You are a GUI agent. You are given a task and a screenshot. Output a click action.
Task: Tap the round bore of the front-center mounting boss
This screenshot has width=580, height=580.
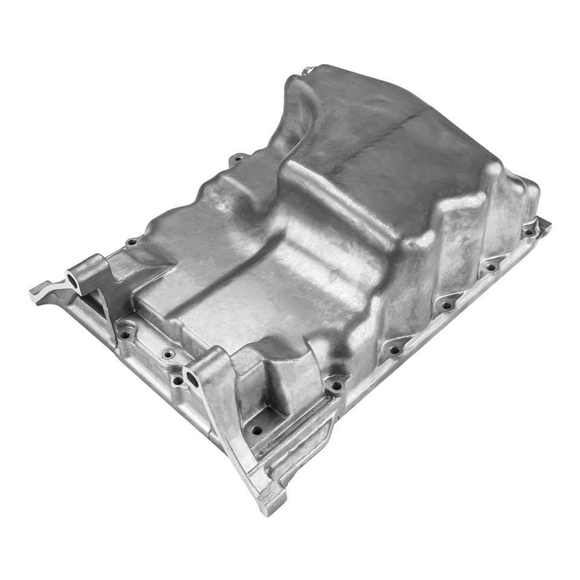click(193, 379)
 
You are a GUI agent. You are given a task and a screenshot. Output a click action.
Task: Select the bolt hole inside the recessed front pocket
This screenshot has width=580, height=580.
click(257, 431)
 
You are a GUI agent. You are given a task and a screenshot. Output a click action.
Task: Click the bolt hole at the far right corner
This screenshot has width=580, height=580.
click(529, 231)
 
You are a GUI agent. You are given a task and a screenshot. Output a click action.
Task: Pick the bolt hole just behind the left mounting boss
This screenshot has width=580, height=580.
click(132, 242)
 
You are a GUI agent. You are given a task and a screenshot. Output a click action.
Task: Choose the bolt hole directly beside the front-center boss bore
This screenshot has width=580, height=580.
click(177, 381)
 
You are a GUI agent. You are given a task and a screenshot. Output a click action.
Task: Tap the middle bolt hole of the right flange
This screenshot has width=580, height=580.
click(446, 306)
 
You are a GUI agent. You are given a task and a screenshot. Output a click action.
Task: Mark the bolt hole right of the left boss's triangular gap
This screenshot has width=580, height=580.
click(124, 335)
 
